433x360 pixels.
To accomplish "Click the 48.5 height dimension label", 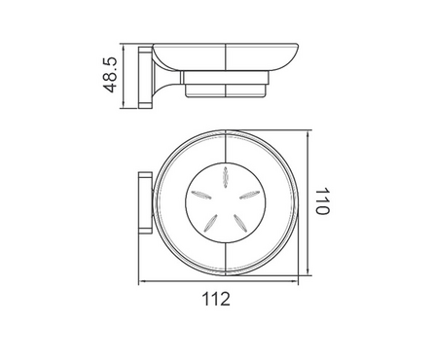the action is pos(109,75).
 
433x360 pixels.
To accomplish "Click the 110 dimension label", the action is pos(322,200).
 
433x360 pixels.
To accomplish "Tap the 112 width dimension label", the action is pos(216,299).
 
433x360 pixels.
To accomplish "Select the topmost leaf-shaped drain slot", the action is pos(225,177).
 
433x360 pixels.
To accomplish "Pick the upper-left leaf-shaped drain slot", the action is pos(201,195).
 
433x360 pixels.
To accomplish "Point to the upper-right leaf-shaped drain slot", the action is pos(249,195).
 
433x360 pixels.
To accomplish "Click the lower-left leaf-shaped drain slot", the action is pos(210,223).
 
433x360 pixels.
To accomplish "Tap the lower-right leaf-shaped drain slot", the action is pos(240,223).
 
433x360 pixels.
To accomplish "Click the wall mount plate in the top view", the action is pos(145,202).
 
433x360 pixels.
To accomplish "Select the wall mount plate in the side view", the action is pos(145,78).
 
